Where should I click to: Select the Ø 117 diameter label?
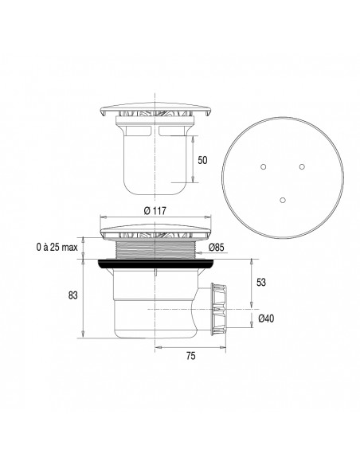155,210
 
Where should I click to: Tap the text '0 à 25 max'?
57,248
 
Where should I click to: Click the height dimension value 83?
73,296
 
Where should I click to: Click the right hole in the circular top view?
302,166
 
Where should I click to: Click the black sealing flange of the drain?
155,263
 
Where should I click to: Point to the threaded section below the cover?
155,249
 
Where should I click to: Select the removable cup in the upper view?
156,159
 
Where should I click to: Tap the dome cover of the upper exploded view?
156,111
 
